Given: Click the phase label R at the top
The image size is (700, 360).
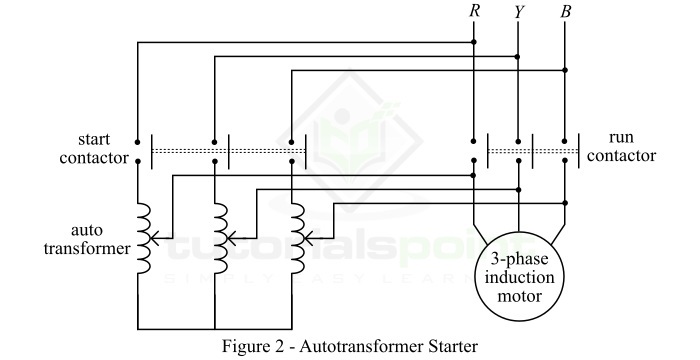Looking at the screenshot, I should (x=473, y=13).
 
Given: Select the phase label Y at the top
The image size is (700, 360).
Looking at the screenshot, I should (x=518, y=13).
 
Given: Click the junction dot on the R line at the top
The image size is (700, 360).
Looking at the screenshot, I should (x=473, y=42).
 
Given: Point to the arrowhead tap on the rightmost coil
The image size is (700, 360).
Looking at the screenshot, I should (x=304, y=240).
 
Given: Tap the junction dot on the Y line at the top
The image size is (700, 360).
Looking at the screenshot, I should (x=518, y=56).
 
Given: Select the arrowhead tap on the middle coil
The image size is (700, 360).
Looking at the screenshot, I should (x=229, y=240).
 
